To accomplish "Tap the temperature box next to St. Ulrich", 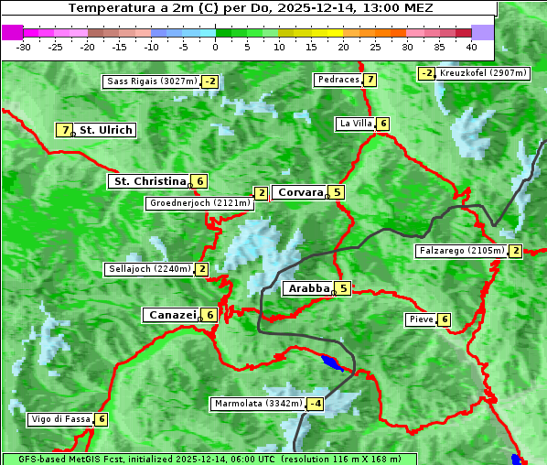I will pyautogui.click(x=64, y=130).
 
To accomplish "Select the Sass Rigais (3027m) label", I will pyautogui.click(x=151, y=81).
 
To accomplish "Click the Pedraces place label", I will pyautogui.click(x=338, y=80).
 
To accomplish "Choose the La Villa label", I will pyautogui.click(x=356, y=124).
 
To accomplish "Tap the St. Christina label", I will pyautogui.click(x=149, y=181).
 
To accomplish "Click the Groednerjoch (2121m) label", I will pyautogui.click(x=199, y=202).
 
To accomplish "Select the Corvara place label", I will pyautogui.click(x=300, y=192).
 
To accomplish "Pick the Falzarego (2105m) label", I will pyautogui.click(x=461, y=251).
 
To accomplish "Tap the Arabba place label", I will pyautogui.click(x=308, y=288).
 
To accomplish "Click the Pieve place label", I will pyautogui.click(x=421, y=319).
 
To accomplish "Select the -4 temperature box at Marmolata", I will pyautogui.click(x=316, y=404).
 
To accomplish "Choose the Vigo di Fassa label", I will pyautogui.click(x=61, y=419).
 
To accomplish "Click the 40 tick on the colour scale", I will pyautogui.click(x=471, y=47).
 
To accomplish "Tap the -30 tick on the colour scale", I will pyautogui.click(x=24, y=47).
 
